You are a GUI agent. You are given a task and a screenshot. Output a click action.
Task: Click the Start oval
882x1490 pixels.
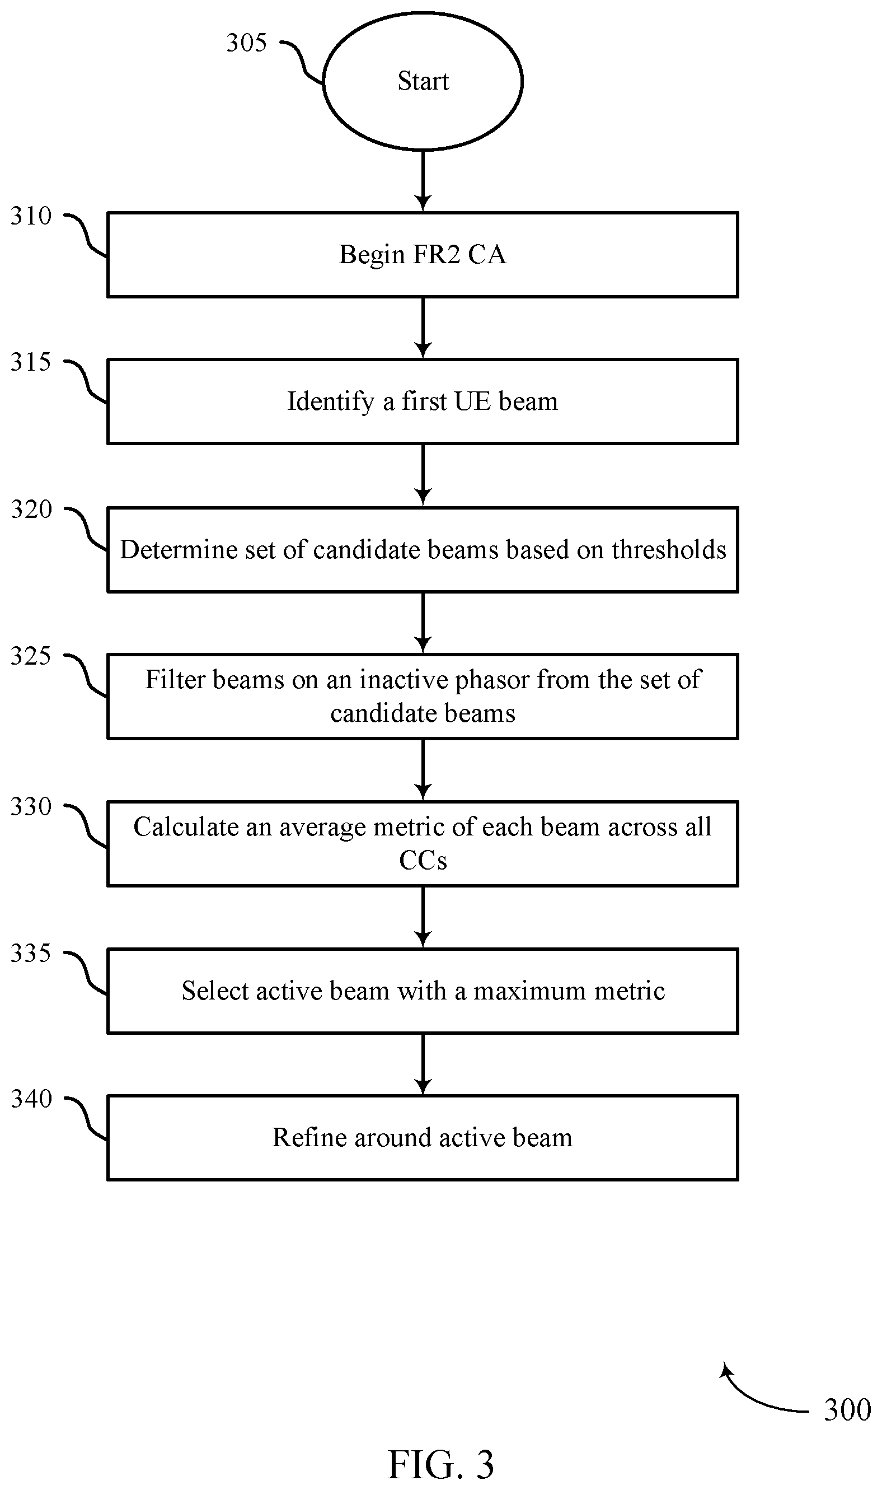(x=423, y=81)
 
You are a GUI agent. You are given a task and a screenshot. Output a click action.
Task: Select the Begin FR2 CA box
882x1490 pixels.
(x=423, y=254)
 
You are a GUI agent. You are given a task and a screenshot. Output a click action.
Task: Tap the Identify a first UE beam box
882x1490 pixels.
(x=423, y=401)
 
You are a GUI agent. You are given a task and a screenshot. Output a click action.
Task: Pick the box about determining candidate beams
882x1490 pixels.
(x=423, y=549)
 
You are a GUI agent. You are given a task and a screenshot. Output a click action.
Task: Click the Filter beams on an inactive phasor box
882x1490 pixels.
(x=423, y=696)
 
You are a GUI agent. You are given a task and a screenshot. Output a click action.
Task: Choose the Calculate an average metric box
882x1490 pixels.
(x=423, y=844)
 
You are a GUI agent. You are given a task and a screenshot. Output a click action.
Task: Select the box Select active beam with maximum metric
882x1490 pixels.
(x=423, y=991)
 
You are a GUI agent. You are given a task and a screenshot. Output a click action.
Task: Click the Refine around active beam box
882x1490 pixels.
(x=423, y=1138)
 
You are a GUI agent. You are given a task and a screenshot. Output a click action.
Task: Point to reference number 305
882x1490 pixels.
(x=247, y=43)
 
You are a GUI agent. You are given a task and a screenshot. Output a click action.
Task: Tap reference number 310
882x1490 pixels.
(x=31, y=216)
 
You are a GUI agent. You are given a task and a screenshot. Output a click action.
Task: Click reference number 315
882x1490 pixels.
(x=31, y=362)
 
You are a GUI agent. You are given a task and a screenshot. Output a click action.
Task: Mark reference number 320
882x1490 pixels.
(x=31, y=510)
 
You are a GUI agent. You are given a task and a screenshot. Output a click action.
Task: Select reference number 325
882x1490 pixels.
(x=31, y=656)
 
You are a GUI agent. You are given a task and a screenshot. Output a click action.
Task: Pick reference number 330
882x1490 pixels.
(x=31, y=807)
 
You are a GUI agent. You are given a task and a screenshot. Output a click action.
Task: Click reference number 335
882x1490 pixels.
(x=31, y=954)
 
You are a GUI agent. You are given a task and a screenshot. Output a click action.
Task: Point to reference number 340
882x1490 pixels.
(x=31, y=1099)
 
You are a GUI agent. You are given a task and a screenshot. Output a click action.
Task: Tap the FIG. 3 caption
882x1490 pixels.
(x=441, y=1465)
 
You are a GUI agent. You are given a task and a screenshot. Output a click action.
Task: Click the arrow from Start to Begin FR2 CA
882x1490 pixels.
(x=423, y=181)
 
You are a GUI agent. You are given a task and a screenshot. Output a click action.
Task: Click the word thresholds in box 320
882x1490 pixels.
(x=669, y=549)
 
